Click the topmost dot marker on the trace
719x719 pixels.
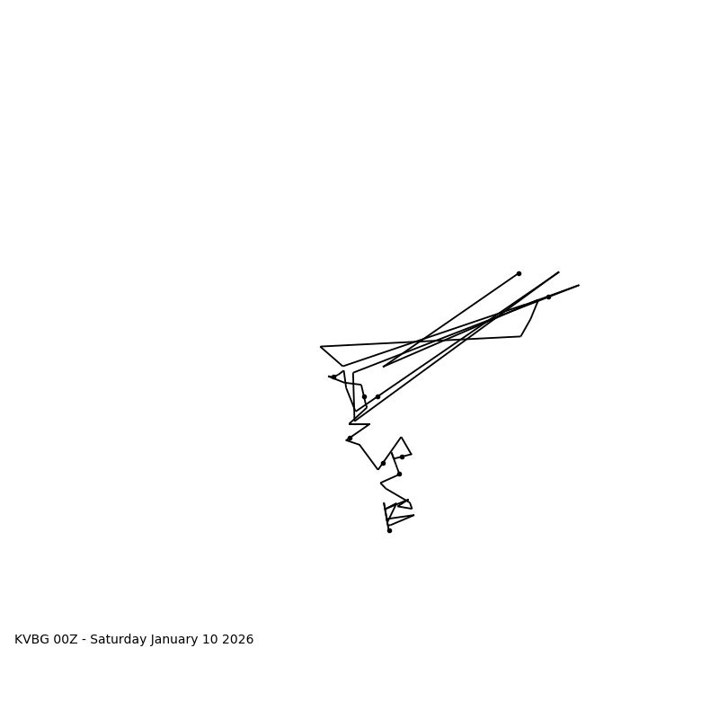pos(519,273)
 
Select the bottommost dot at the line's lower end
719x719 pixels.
pos(389,530)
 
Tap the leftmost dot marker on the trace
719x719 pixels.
pos(333,377)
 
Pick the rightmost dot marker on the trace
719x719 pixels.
pos(548,297)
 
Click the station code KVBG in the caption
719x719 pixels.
pos(32,640)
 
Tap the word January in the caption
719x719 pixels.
pos(176,640)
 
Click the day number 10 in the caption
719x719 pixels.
pos(213,640)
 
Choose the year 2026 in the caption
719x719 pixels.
pos(239,640)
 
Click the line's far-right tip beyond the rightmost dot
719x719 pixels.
pos(579,286)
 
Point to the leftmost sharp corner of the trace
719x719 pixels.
pos(321,347)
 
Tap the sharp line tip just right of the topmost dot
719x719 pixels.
pos(558,272)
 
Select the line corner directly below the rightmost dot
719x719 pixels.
pos(521,336)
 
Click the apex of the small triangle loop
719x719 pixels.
pos(401,438)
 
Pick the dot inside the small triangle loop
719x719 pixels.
pos(402,457)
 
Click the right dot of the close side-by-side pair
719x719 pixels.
pos(377,396)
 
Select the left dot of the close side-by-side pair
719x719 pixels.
pos(364,396)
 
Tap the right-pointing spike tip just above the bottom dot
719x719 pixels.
pos(413,515)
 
